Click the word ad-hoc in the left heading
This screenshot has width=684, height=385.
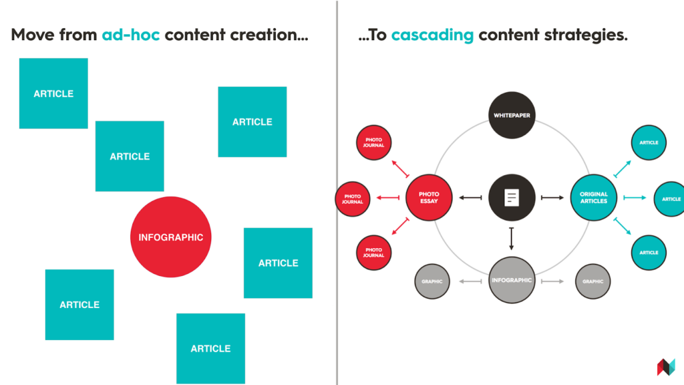pos(131,35)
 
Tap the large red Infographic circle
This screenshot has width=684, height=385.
pos(171,237)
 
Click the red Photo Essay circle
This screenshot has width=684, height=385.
pos(430,198)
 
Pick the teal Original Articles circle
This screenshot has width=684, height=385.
pos(594,198)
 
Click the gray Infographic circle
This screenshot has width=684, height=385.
pos(512,280)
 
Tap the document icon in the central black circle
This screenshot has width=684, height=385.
pos(512,198)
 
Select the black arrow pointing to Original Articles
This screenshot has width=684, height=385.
pos(552,198)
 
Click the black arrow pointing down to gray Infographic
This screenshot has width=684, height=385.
pos(512,238)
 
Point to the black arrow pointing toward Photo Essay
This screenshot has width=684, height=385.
pos(471,198)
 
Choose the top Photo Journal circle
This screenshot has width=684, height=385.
pos(373,142)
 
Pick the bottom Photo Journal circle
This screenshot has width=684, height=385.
pos(373,253)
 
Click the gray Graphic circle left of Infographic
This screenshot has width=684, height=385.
pos(432,281)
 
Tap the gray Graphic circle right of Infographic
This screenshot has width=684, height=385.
pos(593,281)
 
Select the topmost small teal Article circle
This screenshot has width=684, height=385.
pos(649,142)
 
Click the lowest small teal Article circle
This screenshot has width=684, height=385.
pos(649,253)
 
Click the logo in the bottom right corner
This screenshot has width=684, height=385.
pos(666,367)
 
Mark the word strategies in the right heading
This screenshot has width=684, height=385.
pos(587,35)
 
